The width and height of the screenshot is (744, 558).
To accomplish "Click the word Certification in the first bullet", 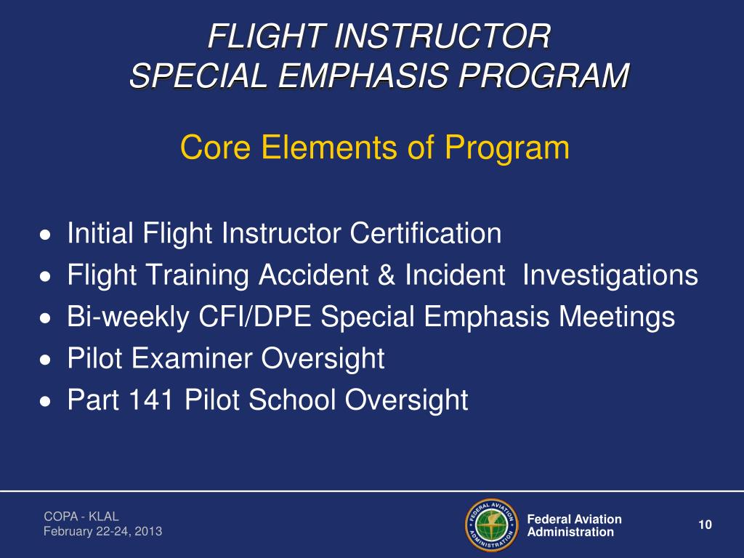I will [426, 234].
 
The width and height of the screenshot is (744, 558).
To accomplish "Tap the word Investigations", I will [610, 275].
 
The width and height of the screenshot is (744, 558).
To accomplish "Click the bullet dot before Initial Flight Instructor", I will [46, 235].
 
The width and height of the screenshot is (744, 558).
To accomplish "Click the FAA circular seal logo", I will [490, 525].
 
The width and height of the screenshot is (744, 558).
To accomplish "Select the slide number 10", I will [703, 525].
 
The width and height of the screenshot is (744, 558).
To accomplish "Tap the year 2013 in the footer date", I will [148, 532].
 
